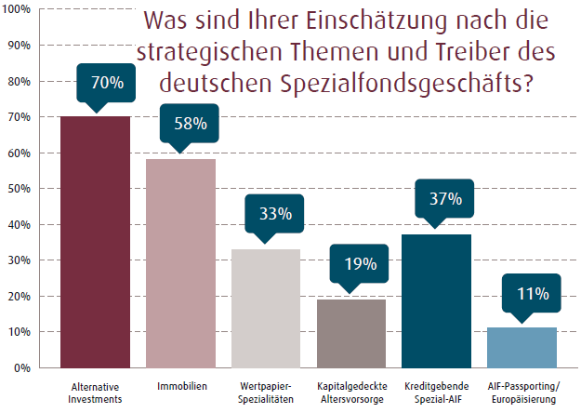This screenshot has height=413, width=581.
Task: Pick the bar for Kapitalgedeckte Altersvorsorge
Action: click(x=351, y=333)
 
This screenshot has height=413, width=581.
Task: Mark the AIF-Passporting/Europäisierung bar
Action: click(x=522, y=347)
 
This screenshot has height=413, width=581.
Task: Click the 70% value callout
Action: click(x=107, y=83)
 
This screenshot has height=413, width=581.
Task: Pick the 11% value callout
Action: click(x=533, y=294)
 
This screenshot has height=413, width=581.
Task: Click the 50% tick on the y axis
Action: click(x=20, y=189)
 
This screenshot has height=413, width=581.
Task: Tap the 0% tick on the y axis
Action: click(x=23, y=368)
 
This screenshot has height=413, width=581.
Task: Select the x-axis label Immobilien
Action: click(x=180, y=385)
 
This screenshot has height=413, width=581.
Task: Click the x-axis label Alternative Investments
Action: click(x=95, y=391)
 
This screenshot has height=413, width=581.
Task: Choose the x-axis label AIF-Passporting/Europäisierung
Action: click(x=522, y=391)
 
